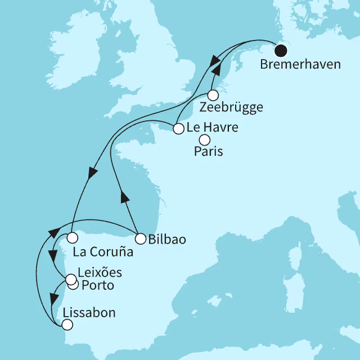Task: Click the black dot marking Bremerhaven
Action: tap(280, 51)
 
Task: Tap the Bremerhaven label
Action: tap(300, 65)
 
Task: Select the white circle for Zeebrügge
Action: tap(213, 95)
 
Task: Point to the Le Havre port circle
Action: tap(178, 129)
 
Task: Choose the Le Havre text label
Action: tap(212, 128)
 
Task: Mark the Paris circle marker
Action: tap(205, 139)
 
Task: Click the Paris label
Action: tap(208, 152)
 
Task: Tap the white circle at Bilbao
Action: tap(140, 238)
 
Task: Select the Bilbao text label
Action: tap(168, 239)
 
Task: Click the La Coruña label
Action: tap(103, 252)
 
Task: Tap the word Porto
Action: tap(97, 286)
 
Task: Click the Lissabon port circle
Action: tap(67, 325)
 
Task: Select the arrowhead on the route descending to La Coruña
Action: tap(91, 172)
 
